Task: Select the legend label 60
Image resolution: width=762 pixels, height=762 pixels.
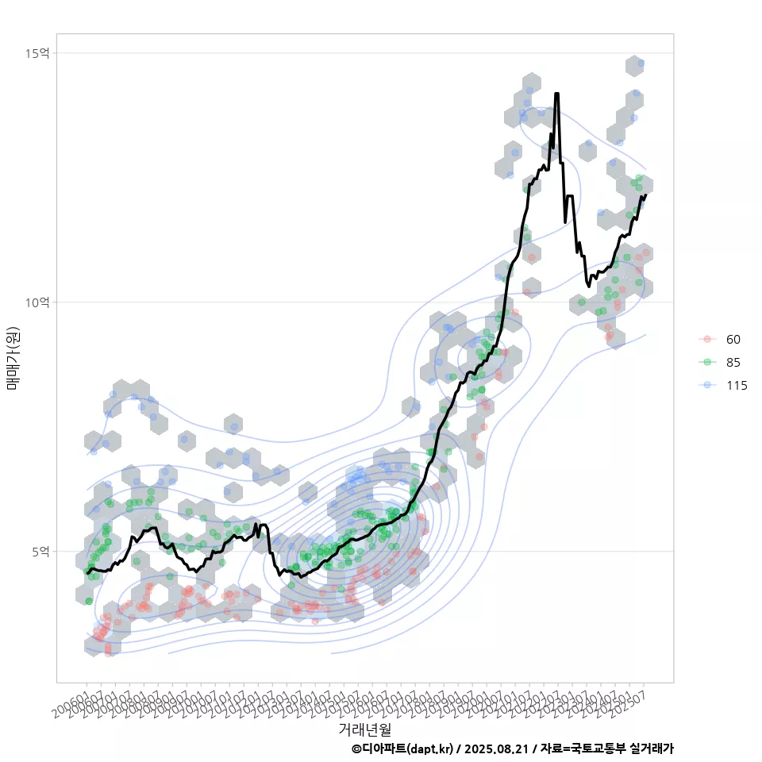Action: coord(733,340)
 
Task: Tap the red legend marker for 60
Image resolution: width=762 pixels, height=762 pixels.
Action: coord(706,340)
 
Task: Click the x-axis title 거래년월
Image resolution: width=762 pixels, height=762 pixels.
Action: coord(364,728)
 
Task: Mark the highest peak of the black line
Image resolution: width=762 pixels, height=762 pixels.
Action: coord(557,94)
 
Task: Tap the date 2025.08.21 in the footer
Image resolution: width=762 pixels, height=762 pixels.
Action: coord(497,749)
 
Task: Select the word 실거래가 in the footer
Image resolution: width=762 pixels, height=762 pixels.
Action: coord(651,749)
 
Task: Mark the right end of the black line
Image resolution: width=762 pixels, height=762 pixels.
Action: coord(646,194)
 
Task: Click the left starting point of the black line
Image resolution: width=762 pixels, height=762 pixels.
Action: coord(87,572)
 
